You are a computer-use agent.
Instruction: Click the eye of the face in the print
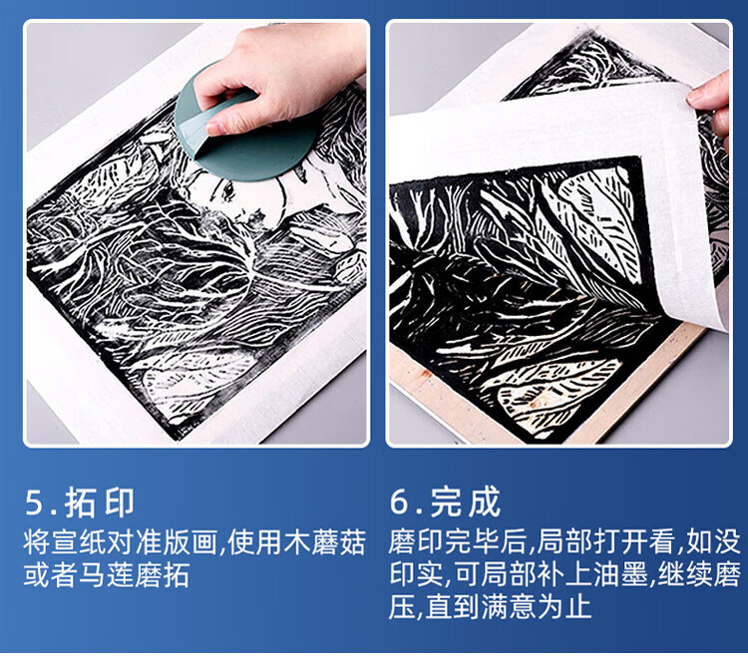228,190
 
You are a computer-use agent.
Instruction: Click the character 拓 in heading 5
80,502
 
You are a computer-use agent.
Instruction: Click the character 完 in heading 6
446,501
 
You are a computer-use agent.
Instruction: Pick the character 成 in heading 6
485,501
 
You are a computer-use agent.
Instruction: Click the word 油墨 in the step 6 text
620,574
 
